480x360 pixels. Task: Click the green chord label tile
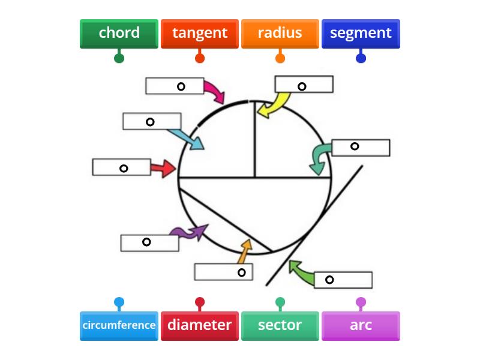tap(119, 33)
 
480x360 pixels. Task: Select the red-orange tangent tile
tap(200, 33)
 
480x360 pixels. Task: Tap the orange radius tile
tap(280, 33)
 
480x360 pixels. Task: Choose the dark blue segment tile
tap(361, 33)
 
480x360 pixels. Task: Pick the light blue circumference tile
tap(119, 325)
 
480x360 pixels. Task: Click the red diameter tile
tap(200, 325)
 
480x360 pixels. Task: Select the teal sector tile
tap(280, 325)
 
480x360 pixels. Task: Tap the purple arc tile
tap(361, 325)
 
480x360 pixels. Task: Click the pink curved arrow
tap(214, 92)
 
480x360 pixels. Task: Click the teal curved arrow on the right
tap(319, 158)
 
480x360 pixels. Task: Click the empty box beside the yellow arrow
tap(304, 84)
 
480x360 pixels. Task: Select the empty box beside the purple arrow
tap(149, 243)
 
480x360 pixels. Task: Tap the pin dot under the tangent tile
tap(200, 58)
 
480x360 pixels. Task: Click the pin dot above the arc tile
tap(361, 302)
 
